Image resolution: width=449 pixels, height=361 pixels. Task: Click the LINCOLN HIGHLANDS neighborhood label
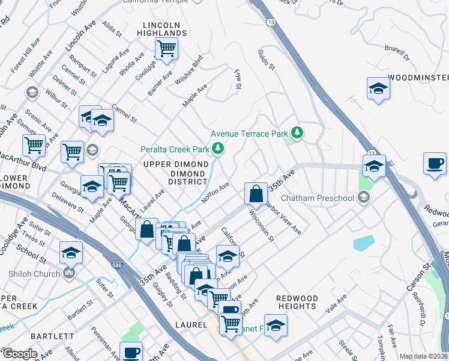[x=161, y=28]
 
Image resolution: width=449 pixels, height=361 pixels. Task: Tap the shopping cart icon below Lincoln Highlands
[x=166, y=48]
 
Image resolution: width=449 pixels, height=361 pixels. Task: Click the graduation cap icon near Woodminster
[x=378, y=89]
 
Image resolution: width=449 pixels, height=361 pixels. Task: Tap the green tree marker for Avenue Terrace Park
[x=296, y=132]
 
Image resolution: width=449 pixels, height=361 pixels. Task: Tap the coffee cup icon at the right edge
[x=434, y=163]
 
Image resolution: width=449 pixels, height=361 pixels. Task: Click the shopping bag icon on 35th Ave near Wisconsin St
[x=256, y=194]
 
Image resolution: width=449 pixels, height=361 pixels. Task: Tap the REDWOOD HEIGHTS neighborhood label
[x=297, y=302]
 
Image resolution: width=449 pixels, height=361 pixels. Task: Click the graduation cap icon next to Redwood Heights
[x=276, y=326]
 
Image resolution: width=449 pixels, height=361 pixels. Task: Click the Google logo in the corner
[x=19, y=354]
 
